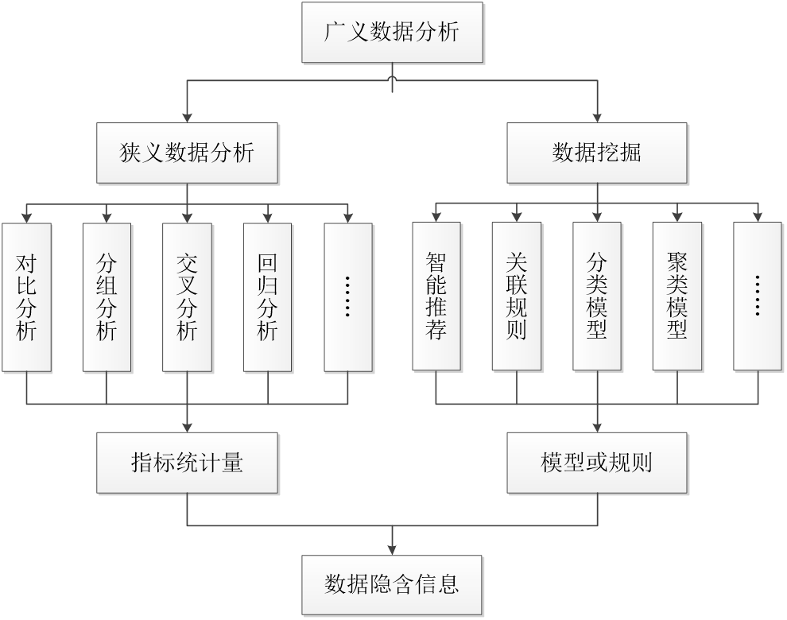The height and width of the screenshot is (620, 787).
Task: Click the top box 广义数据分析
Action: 392,32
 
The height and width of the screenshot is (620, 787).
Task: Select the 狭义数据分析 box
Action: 188,153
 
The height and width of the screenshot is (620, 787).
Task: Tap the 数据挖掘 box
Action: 597,153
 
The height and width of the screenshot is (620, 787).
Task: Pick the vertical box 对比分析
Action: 26,296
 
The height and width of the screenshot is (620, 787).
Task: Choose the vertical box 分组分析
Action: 107,296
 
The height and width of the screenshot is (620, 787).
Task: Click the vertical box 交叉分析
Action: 187,296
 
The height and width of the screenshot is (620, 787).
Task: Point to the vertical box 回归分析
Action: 267,296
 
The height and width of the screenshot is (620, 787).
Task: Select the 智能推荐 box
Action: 436,296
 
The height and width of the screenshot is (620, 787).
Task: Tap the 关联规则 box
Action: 516,296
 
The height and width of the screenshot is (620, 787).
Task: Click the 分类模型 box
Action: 597,296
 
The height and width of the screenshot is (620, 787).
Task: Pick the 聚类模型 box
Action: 677,296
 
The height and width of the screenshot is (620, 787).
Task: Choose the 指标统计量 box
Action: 188,463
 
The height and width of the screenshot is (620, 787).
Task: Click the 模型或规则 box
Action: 597,463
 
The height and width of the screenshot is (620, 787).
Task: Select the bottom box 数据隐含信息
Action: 392,585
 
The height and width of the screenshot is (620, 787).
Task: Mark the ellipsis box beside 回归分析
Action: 348,296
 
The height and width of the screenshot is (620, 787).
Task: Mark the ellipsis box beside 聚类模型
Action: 758,296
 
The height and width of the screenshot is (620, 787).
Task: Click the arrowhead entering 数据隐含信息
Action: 392,549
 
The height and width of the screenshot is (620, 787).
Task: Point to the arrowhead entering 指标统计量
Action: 188,427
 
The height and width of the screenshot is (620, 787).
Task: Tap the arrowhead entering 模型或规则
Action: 597,427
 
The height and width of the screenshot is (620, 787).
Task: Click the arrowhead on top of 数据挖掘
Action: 597,117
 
